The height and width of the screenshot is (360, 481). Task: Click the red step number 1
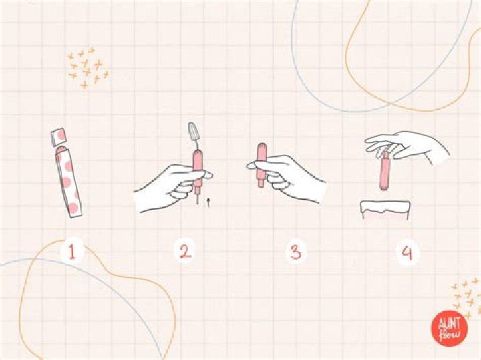click(x=72, y=252)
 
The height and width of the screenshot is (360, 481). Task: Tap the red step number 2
click(x=185, y=252)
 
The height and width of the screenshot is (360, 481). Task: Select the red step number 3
click(x=295, y=252)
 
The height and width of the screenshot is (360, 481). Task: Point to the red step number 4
click(x=407, y=252)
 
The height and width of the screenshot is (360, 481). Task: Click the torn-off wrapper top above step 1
click(x=59, y=136)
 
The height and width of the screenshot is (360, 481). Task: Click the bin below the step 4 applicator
click(x=385, y=210)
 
